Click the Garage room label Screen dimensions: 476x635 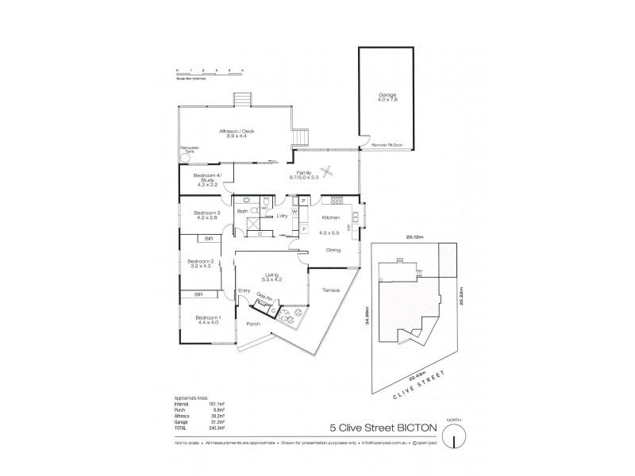(387, 97)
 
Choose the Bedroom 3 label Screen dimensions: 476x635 (207, 215)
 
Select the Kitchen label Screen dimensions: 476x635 (331, 217)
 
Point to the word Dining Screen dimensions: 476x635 (334, 251)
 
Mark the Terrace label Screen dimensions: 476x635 (331, 290)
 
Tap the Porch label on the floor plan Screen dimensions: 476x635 (253, 324)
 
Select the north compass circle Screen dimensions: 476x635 (453, 437)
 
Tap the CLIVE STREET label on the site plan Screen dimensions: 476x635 (421, 386)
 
